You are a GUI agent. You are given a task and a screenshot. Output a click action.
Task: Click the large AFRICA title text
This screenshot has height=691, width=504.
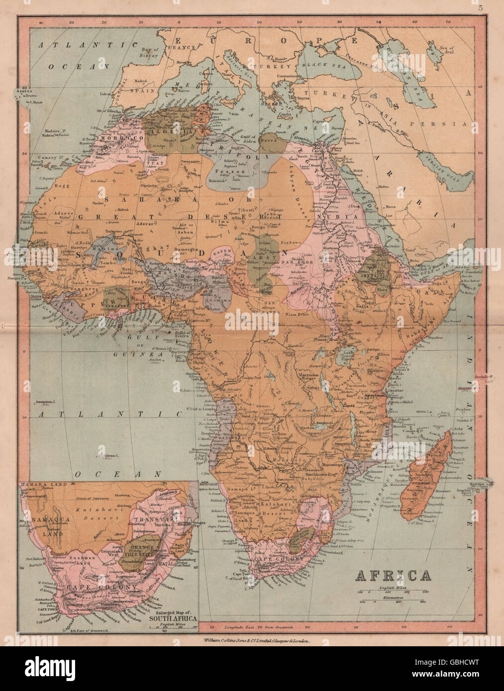click(x=393, y=576)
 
